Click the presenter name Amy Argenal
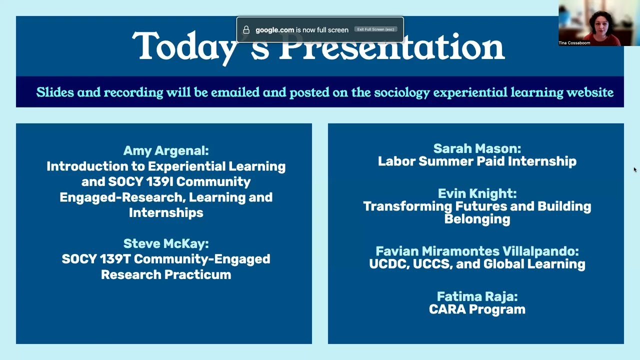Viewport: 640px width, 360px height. (165, 150)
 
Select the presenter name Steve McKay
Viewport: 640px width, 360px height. (165, 243)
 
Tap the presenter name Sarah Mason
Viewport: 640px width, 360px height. (476, 148)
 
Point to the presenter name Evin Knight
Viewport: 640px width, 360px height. (476, 193)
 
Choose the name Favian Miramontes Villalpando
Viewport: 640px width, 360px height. (476, 251)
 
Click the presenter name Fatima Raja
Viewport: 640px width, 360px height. (476, 296)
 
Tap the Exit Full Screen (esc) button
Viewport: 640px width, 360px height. (375, 29)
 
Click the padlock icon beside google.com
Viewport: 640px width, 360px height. (246, 30)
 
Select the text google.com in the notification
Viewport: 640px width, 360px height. (274, 30)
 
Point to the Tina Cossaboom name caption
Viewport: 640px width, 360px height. (574, 43)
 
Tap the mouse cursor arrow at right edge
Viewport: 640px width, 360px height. (635, 169)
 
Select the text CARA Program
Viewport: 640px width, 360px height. (476, 309)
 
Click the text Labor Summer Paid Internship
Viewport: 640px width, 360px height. (476, 161)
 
